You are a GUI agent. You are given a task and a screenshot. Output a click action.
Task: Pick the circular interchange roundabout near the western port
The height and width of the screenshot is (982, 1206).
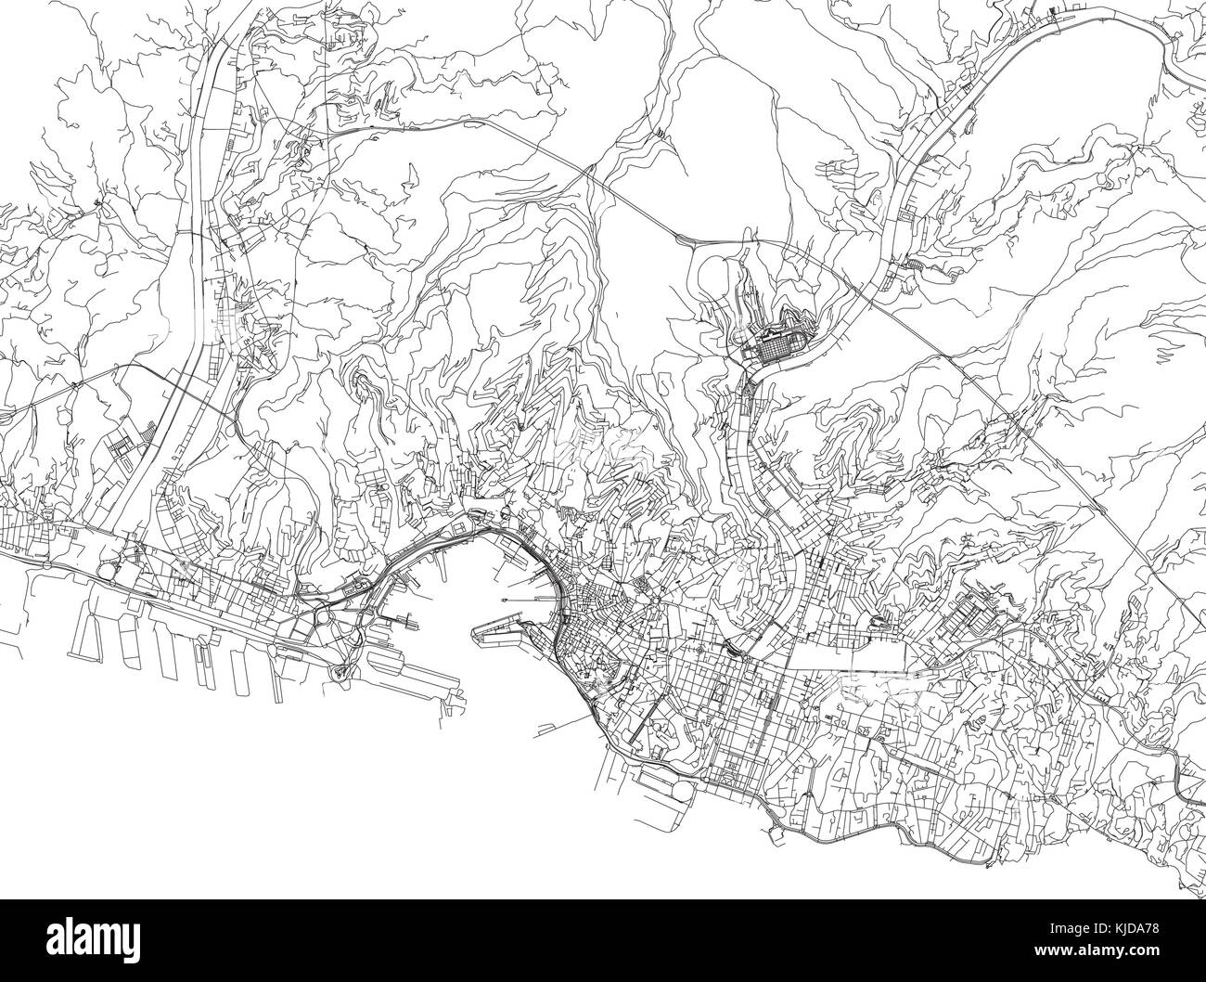point(325,615)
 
